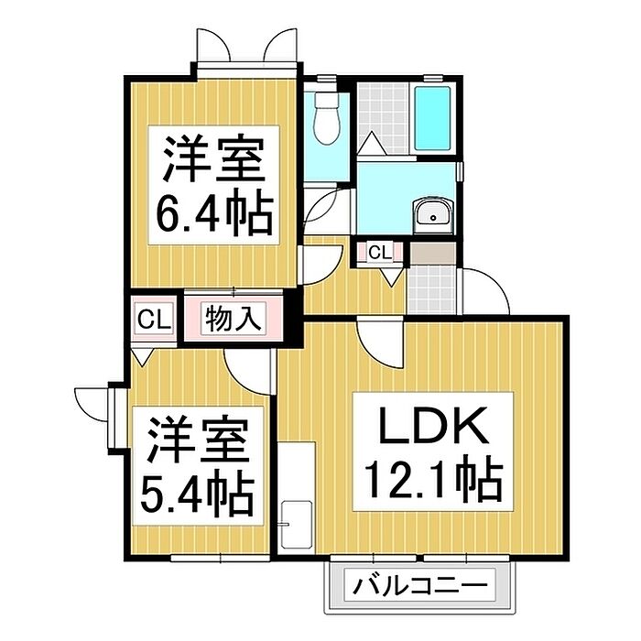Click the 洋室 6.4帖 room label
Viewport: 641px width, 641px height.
(213, 185)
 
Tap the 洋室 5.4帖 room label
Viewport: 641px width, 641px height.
(198, 466)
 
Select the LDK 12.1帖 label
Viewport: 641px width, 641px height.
(433, 451)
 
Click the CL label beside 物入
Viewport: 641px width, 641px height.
(154, 320)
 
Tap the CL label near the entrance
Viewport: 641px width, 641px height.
(380, 253)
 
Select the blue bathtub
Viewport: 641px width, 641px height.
(432, 118)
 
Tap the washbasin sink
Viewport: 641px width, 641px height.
(433, 215)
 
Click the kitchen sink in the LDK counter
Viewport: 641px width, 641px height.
(298, 525)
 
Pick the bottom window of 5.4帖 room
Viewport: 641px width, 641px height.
(221, 558)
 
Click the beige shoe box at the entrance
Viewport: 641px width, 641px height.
(432, 254)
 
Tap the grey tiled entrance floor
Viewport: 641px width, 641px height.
(432, 289)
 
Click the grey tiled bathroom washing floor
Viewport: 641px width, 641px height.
(383, 118)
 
